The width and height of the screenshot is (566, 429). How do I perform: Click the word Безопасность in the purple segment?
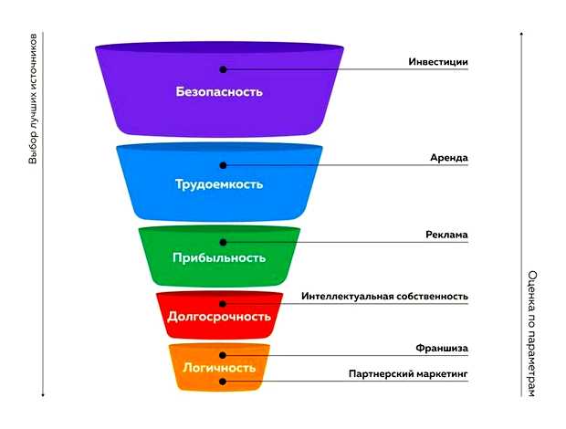pos(219,91)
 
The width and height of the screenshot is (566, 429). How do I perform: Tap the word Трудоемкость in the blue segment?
pos(219,183)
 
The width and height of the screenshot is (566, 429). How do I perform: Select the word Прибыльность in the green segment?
pos(219,257)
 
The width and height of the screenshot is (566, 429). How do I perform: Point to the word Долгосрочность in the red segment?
pos(219,317)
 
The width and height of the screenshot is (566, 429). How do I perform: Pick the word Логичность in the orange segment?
pos(219,368)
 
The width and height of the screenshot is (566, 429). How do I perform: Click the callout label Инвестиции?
pos(437,62)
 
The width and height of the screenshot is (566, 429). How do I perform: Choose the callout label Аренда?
pos(449,158)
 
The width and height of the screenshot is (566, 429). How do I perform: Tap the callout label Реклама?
pos(446,235)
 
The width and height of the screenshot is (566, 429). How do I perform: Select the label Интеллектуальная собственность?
pos(384,297)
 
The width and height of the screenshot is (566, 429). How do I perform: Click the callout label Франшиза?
pos(442,349)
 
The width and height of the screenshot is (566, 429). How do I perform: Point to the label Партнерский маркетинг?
pos(408,373)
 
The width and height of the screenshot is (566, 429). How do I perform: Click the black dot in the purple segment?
pos(222,68)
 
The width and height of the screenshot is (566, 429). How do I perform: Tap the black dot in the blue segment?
pos(222,164)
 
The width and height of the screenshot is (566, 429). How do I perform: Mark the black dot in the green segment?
pos(222,241)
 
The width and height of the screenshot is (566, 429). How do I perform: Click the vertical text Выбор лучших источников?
pos(34,100)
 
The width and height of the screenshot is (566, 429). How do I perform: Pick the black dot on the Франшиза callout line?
pos(222,355)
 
